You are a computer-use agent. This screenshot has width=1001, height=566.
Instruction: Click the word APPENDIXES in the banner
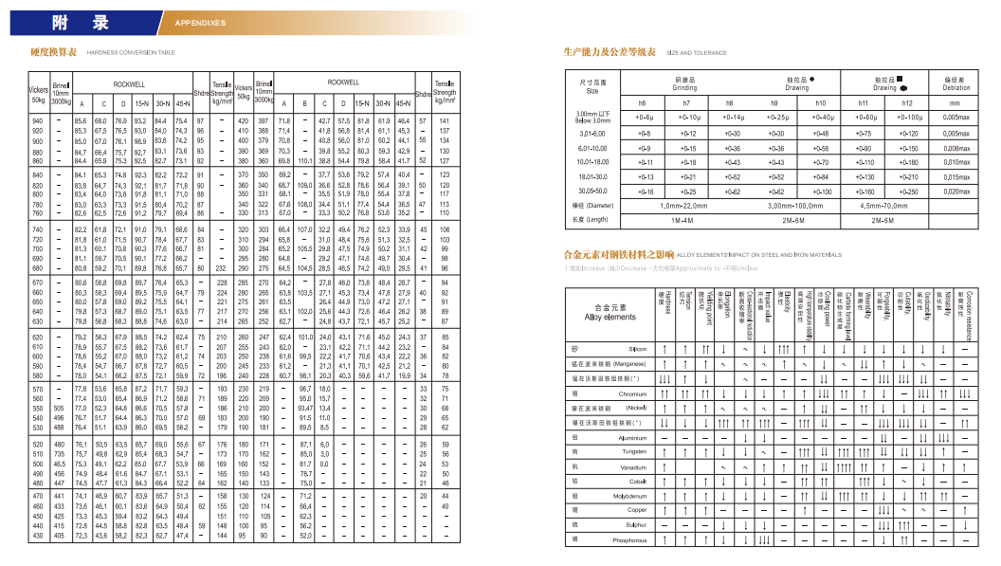point(202,21)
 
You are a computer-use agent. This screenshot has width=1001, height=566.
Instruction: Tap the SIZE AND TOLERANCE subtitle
point(697,53)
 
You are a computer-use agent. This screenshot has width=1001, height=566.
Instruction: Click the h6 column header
point(642,102)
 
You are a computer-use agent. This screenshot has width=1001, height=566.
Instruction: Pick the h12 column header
point(907,102)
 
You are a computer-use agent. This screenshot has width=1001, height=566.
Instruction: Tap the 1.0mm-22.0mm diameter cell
point(685,205)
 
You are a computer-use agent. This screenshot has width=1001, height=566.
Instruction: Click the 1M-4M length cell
point(685,220)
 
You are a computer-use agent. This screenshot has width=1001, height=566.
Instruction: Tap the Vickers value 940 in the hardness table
point(39,121)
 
